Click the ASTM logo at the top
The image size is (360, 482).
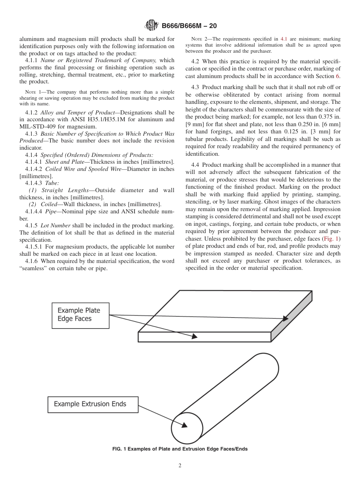pyautogui.click(x=151, y=26)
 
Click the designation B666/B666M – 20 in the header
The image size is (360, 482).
pyautogui.click(x=189, y=26)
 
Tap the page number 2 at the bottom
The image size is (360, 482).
pyautogui.click(x=180, y=466)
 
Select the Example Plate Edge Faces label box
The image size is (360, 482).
pyautogui.click(x=80, y=315)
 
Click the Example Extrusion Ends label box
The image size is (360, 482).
pyautogui.click(x=93, y=404)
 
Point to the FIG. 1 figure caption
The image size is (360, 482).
pyautogui.click(x=180, y=449)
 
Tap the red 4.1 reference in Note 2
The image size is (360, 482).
pyautogui.click(x=284, y=39)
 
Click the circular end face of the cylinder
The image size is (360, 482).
pyautogui.click(x=187, y=428)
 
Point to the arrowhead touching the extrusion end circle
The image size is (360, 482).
pyautogui.click(x=184, y=425)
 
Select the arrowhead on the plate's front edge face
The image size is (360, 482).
pyautogui.click(x=195, y=336)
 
